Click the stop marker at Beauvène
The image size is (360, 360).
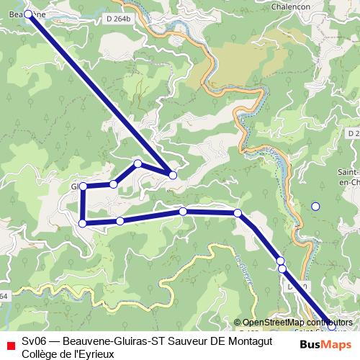coord(28,14)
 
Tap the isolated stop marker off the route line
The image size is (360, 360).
coord(315,207)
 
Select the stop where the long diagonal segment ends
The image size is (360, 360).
coord(173,175)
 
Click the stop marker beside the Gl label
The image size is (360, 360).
coord(84,186)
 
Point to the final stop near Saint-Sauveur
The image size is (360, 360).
coord(330,325)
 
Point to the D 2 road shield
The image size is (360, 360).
coord(352,134)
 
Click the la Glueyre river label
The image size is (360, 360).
coord(244,268)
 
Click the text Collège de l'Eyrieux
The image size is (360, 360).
coord(68,354)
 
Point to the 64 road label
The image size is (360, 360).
coord(4,295)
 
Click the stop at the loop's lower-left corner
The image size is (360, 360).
coord(83,223)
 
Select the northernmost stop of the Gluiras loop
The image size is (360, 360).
coord(138,163)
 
